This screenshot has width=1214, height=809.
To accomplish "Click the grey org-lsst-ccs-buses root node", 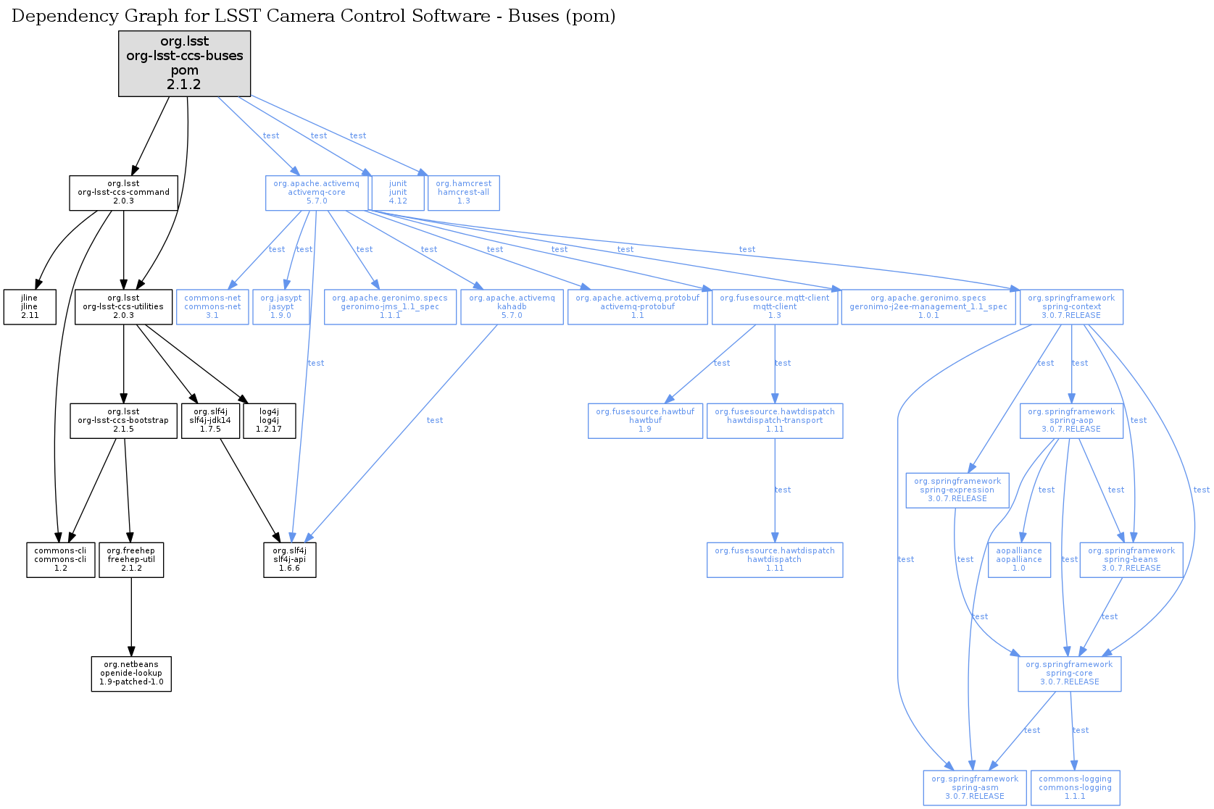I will click(x=185, y=63).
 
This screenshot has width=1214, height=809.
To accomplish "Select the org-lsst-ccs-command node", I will click(x=123, y=193).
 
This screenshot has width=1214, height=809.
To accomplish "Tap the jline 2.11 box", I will click(x=30, y=307).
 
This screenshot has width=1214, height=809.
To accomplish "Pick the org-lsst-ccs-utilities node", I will click(x=123, y=307).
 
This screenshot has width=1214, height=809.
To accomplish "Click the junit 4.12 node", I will click(x=398, y=193).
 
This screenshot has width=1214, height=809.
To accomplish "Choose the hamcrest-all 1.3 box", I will click(x=463, y=193).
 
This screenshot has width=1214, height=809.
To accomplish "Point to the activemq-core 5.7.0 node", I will click(x=316, y=193).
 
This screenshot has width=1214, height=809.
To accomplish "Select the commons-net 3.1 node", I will click(x=212, y=307).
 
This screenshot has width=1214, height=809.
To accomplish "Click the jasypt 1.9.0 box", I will click(x=281, y=307).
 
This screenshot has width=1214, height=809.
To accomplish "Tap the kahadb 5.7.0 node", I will click(x=512, y=307).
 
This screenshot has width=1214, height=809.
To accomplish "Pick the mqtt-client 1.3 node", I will click(x=775, y=307).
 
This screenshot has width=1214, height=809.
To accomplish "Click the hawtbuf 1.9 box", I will click(x=645, y=421).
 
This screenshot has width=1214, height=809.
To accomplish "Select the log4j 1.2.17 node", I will click(x=269, y=421).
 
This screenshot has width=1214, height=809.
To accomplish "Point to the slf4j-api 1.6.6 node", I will click(x=290, y=560).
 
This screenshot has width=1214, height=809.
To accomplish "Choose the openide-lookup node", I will click(x=131, y=674).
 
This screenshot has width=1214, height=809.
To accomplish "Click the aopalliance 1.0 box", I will click(x=1019, y=560).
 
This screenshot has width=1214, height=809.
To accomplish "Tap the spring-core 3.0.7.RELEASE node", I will click(x=1069, y=674).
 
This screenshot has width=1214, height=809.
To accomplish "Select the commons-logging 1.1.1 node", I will click(x=1075, y=788).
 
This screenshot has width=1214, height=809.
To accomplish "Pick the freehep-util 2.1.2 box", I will click(x=131, y=560).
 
